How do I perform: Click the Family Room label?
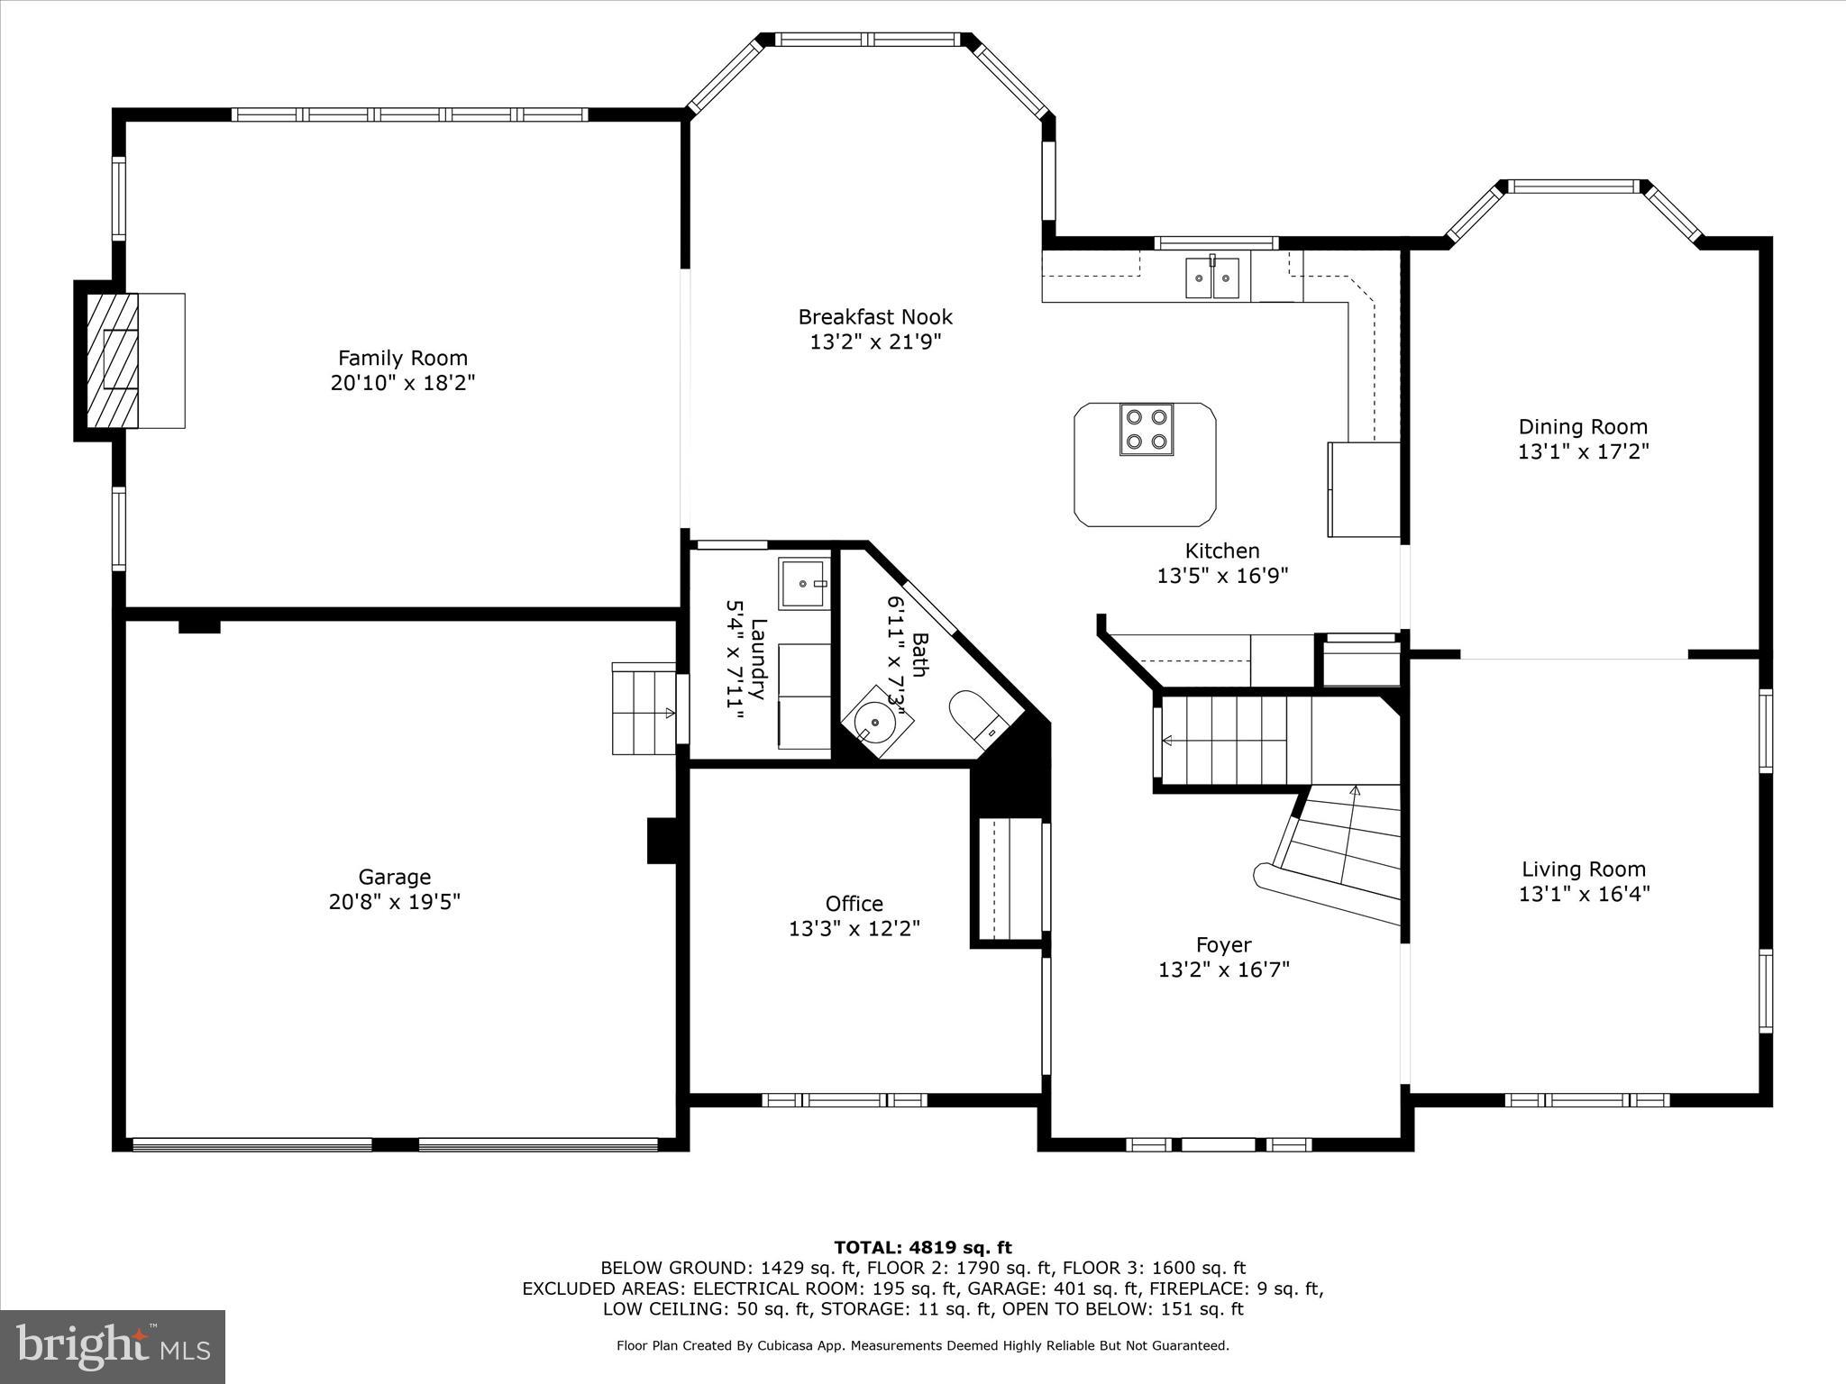[x=403, y=358]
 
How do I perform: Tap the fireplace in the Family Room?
[x=114, y=360]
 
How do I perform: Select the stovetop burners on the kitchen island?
[x=1146, y=429]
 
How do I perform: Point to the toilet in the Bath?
[x=977, y=716]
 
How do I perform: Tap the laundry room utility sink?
[x=803, y=583]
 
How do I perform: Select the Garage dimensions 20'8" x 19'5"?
[x=395, y=902]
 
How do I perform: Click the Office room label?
[x=854, y=904]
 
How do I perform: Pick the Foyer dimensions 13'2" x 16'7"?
[x=1223, y=970]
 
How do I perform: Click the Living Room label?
[x=1584, y=870]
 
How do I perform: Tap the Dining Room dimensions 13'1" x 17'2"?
[x=1583, y=451]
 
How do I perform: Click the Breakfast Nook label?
[x=874, y=317]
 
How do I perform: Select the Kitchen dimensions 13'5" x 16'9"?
[x=1222, y=576]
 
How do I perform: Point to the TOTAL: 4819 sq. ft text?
[x=923, y=1248]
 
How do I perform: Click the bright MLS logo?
[x=113, y=1347]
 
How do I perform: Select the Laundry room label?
[x=757, y=659]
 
